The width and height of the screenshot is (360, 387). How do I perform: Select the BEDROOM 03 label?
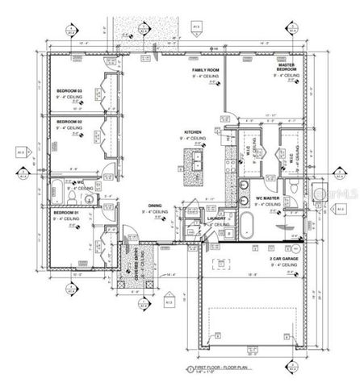[69, 90]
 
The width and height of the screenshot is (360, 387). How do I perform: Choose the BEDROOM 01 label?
[65, 212]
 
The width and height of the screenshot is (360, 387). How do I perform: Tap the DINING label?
[154, 206]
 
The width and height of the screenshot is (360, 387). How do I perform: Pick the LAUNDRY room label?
[215, 217]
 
